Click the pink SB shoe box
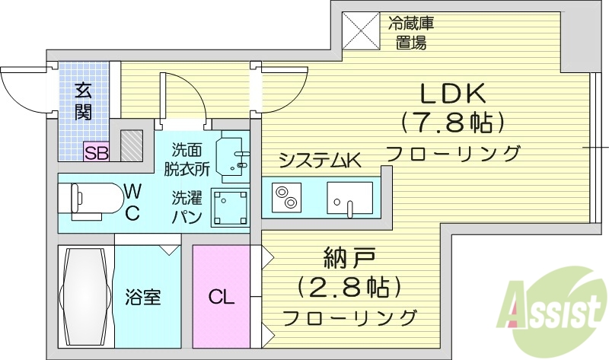pyautogui.click(x=97, y=151)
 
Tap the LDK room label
pyautogui.click(x=454, y=94)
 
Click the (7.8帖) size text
pyautogui.click(x=454, y=123)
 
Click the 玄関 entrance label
pyautogui.click(x=83, y=100)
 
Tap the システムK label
pyautogui.click(x=319, y=160)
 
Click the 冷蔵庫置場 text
pyautogui.click(x=411, y=32)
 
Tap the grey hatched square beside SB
pyautogui.click(x=132, y=145)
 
